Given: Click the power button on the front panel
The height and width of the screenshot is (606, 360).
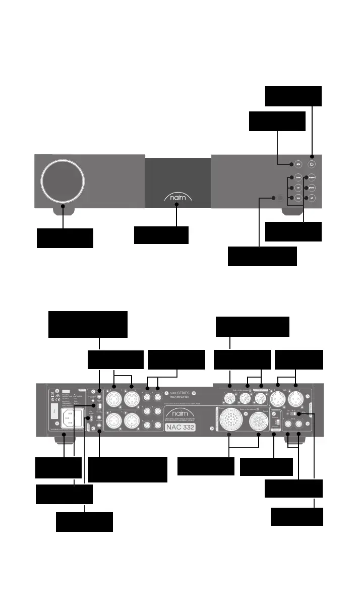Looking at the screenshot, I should (312, 164).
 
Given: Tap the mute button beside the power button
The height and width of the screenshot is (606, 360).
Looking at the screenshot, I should (298, 164).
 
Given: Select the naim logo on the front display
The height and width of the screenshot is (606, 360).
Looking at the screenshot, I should (177, 197).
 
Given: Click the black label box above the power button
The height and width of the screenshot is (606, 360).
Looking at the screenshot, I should (293, 96).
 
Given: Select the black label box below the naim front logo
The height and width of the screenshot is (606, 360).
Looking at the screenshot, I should (161, 235).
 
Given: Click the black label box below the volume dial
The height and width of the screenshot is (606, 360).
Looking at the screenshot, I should (65, 238).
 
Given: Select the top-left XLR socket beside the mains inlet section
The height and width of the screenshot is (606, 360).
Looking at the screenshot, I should (114, 397).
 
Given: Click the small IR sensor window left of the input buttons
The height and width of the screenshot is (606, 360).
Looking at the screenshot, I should (274, 198).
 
